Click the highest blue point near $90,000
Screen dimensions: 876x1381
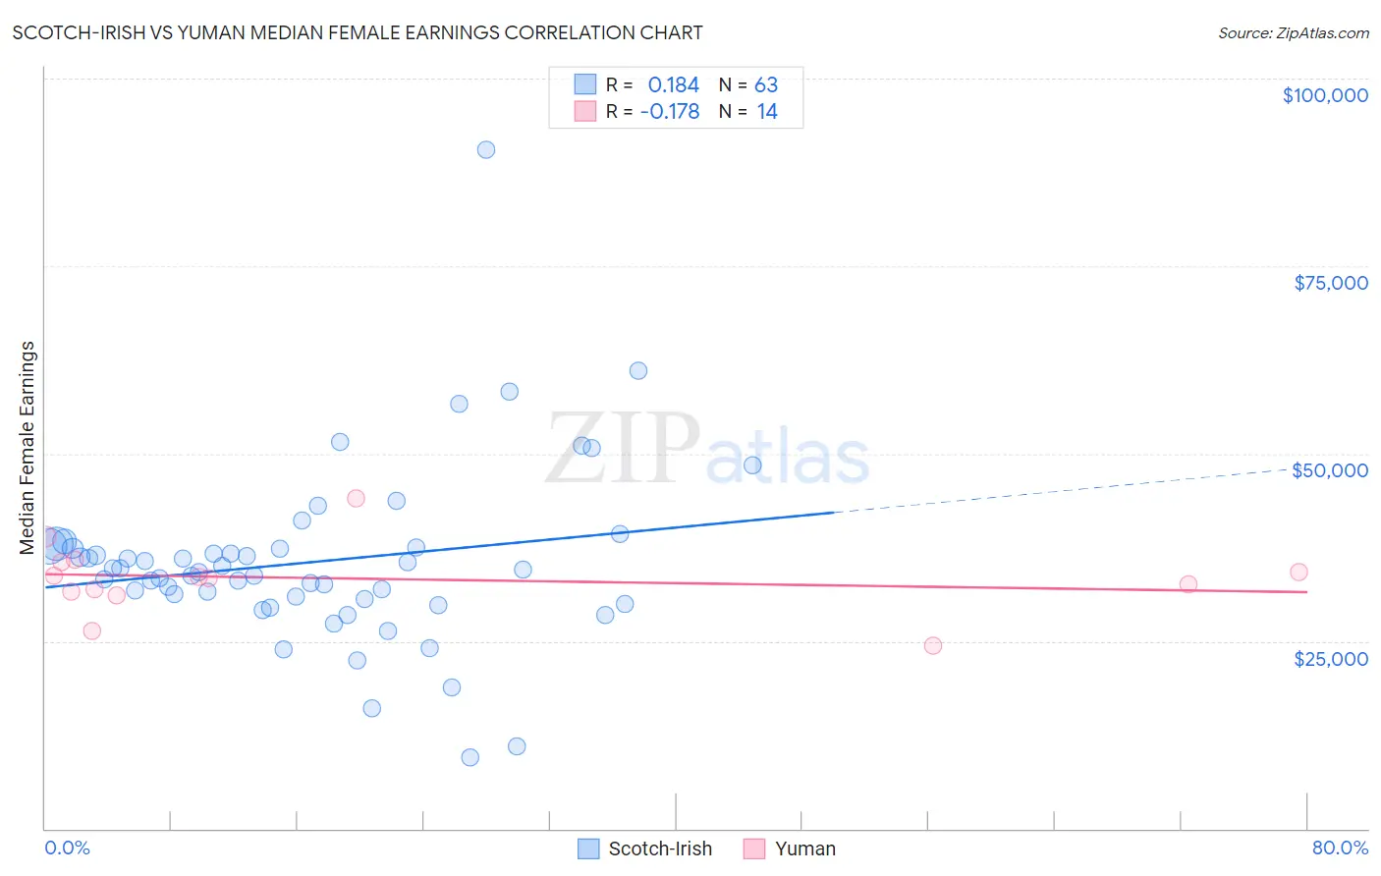click(x=485, y=150)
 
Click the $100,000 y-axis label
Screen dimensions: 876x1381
click(x=1325, y=95)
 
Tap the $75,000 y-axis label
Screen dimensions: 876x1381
click(x=1331, y=283)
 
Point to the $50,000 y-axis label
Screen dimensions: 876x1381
click(x=1330, y=470)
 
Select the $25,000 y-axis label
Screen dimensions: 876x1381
click(x=1331, y=658)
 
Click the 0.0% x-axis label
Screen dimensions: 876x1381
click(x=67, y=849)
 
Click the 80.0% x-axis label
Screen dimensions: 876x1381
click(x=1340, y=849)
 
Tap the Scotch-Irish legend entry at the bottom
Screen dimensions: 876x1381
click(x=659, y=849)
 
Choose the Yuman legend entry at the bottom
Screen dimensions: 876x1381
click(x=804, y=849)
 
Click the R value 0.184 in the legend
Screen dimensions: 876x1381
click(x=673, y=85)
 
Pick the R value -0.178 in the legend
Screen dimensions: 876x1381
click(x=669, y=112)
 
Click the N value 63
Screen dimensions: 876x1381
click(x=766, y=85)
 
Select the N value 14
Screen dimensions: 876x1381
click(x=767, y=112)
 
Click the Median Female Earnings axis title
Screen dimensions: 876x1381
click(x=28, y=448)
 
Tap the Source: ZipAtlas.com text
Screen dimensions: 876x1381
click(x=1294, y=33)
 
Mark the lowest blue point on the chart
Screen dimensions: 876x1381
click(x=470, y=757)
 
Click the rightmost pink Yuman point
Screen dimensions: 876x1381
click(x=1298, y=573)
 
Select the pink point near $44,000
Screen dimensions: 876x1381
click(x=357, y=499)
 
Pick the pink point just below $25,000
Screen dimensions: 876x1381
click(x=933, y=646)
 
